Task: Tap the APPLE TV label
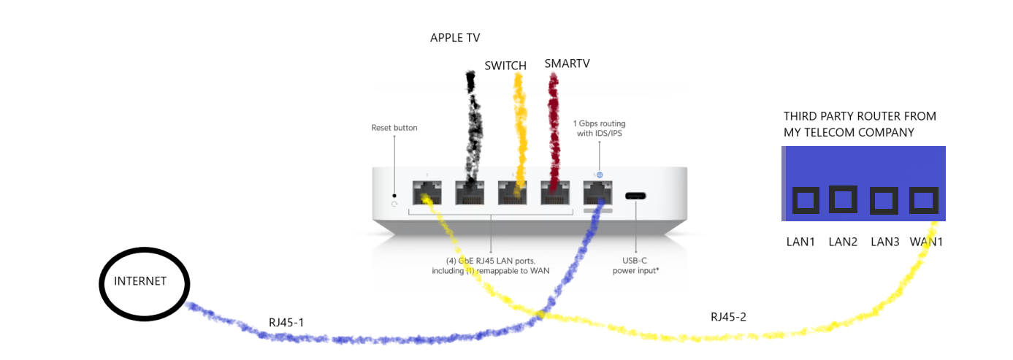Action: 455,38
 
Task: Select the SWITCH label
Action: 505,66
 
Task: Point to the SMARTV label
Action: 567,64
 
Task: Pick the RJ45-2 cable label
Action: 729,317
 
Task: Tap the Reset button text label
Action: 394,128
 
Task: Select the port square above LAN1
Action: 803,199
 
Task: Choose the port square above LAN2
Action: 843,199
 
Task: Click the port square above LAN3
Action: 884,199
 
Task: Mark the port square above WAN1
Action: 924,199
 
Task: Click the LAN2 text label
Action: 843,242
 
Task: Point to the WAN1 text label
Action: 925,242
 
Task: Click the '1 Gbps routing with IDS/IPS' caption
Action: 599,129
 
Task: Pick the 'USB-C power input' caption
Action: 635,266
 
